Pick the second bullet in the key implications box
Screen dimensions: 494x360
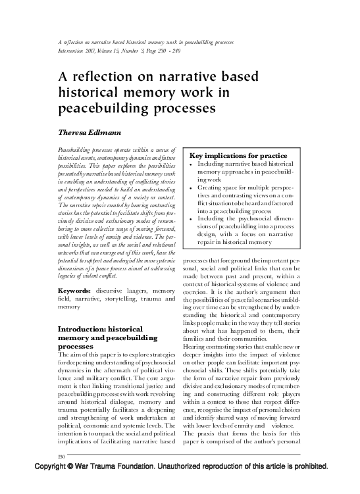(x=190, y=187)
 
